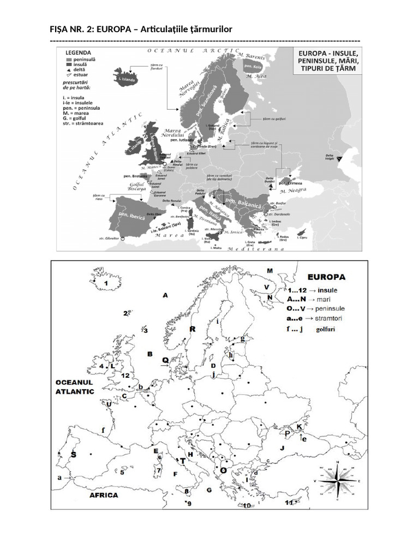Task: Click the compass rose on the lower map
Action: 338,481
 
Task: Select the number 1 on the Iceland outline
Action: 106,284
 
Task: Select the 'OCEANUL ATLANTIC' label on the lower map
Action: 75,386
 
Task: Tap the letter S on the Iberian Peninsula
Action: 73,454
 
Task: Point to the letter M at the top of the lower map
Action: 270,270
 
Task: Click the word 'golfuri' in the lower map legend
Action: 326,330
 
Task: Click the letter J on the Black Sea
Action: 283,448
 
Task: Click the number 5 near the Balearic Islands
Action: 122,472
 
